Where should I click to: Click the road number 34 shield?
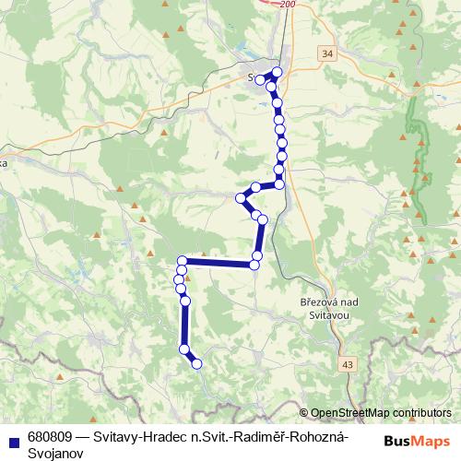(x=329, y=55)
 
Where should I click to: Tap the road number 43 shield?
(x=346, y=365)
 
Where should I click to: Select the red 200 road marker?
(x=290, y=5)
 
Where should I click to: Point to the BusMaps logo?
(x=417, y=441)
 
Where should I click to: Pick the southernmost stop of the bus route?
(x=196, y=364)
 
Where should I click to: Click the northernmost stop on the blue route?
(x=277, y=71)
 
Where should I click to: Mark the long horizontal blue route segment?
(x=219, y=263)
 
